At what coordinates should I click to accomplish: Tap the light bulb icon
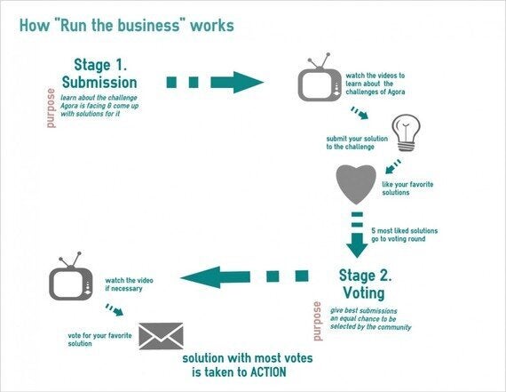(x=406, y=132)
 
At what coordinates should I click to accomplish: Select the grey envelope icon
(x=161, y=336)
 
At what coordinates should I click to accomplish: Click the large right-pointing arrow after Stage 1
(x=215, y=83)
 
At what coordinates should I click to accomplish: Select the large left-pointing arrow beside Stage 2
(x=244, y=276)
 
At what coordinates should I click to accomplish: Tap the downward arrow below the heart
(x=357, y=235)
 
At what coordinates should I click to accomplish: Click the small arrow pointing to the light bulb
(x=360, y=113)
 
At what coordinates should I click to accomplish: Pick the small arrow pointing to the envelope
(x=115, y=309)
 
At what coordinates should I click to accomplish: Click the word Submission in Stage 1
(x=99, y=83)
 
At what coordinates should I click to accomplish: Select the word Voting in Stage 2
(x=364, y=293)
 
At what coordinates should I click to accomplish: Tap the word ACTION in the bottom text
(x=268, y=372)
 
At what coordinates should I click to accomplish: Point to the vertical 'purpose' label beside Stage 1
(x=51, y=108)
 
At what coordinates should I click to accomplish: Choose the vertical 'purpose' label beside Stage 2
(x=318, y=321)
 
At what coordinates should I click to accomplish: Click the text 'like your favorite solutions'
(x=407, y=188)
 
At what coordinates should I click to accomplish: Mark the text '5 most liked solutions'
(x=404, y=231)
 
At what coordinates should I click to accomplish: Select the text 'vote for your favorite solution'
(x=99, y=340)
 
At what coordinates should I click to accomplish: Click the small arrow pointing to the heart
(x=393, y=166)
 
